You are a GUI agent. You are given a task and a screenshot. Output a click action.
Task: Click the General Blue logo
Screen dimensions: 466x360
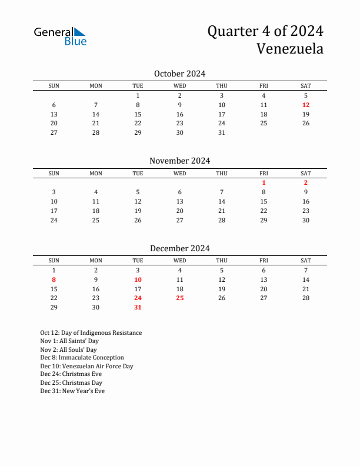(60, 36)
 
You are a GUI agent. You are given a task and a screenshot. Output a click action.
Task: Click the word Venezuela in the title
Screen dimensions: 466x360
(289, 49)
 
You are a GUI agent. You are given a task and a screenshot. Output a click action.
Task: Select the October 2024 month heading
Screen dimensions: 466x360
(179, 74)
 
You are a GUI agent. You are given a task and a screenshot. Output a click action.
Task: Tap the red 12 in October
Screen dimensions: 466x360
(306, 105)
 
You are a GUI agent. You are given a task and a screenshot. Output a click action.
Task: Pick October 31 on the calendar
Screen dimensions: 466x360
(222, 133)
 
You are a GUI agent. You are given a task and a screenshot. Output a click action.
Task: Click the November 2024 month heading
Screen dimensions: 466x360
(179, 161)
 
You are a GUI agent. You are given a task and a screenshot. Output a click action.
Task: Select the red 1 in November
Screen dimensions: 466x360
(264, 182)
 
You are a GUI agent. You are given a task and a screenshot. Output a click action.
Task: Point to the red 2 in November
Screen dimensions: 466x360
(306, 182)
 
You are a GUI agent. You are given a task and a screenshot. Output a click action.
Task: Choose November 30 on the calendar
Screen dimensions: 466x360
(306, 220)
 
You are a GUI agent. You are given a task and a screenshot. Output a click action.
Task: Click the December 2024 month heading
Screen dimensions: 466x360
(179, 248)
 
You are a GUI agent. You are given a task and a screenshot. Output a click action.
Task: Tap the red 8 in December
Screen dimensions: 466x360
(54, 279)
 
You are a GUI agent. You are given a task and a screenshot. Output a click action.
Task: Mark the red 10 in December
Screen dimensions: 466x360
(138, 279)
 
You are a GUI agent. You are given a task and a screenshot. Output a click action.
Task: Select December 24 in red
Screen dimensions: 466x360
(138, 298)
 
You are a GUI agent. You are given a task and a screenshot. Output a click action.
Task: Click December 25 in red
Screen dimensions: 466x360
(180, 298)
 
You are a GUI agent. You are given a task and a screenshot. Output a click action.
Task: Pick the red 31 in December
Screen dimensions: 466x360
(138, 307)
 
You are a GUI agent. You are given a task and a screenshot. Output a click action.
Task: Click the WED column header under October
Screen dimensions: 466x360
(180, 86)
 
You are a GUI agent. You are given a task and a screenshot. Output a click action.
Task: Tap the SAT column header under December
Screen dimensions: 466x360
(306, 261)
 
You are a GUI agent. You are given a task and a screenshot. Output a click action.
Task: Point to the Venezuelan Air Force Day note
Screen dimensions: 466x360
(87, 366)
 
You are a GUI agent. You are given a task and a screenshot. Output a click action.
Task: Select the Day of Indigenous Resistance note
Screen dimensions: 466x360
(91, 333)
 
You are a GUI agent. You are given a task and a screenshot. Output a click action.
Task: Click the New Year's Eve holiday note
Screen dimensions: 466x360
(72, 391)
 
